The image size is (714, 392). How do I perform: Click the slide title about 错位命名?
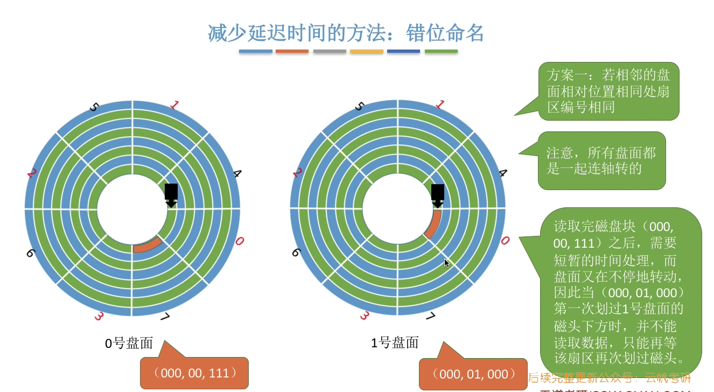click(x=346, y=33)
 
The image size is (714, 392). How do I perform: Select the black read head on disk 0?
click(x=171, y=194)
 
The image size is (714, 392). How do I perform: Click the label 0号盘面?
click(x=129, y=343)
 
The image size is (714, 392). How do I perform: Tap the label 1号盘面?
click(x=395, y=342)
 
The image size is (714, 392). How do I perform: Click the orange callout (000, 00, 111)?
click(x=194, y=373)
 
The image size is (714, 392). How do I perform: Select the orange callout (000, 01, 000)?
click(x=473, y=374)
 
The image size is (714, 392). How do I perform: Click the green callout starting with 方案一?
click(x=608, y=91)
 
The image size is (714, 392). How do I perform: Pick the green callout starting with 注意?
click(x=601, y=160)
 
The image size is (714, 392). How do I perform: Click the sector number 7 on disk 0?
click(x=165, y=317)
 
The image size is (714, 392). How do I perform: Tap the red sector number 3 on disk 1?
click(x=364, y=315)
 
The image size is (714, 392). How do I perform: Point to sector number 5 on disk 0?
click(x=94, y=107)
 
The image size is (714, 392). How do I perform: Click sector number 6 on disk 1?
click(x=296, y=252)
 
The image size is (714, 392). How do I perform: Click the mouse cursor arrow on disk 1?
click(x=446, y=263)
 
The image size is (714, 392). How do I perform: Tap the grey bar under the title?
click(x=330, y=51)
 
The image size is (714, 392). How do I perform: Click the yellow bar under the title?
click(x=366, y=51)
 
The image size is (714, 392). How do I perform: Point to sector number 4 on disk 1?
click(x=502, y=173)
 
